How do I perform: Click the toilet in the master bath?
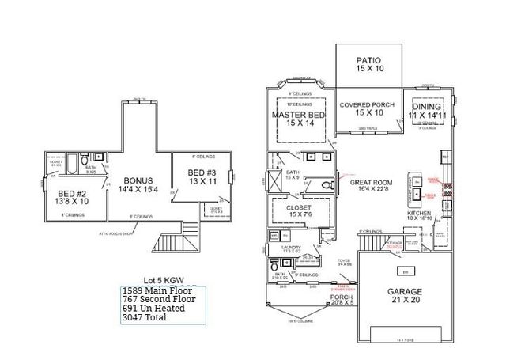(x=329, y=184)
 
